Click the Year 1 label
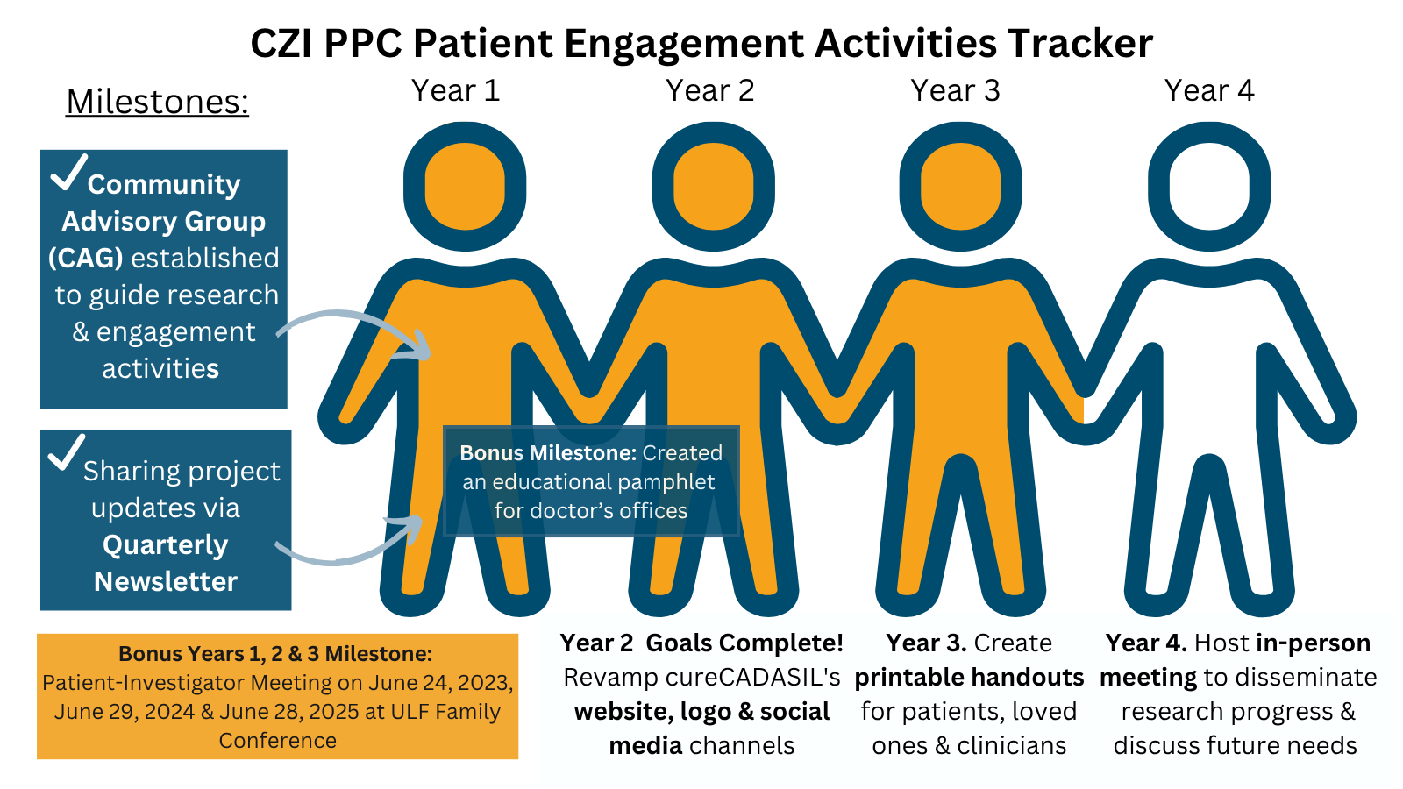click(455, 90)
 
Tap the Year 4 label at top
click(1209, 90)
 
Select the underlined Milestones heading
click(158, 102)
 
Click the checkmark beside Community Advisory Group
click(68, 172)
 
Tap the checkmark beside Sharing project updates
click(66, 452)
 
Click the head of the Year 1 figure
click(465, 187)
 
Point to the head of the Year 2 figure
click(713, 187)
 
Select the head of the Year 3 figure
click(961, 187)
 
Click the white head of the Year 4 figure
click(1209, 187)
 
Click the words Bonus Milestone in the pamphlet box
click(547, 453)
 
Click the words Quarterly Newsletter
click(166, 563)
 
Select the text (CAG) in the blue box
click(85, 258)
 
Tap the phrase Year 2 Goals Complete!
click(701, 643)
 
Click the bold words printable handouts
click(969, 677)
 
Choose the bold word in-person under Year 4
click(1313, 643)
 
